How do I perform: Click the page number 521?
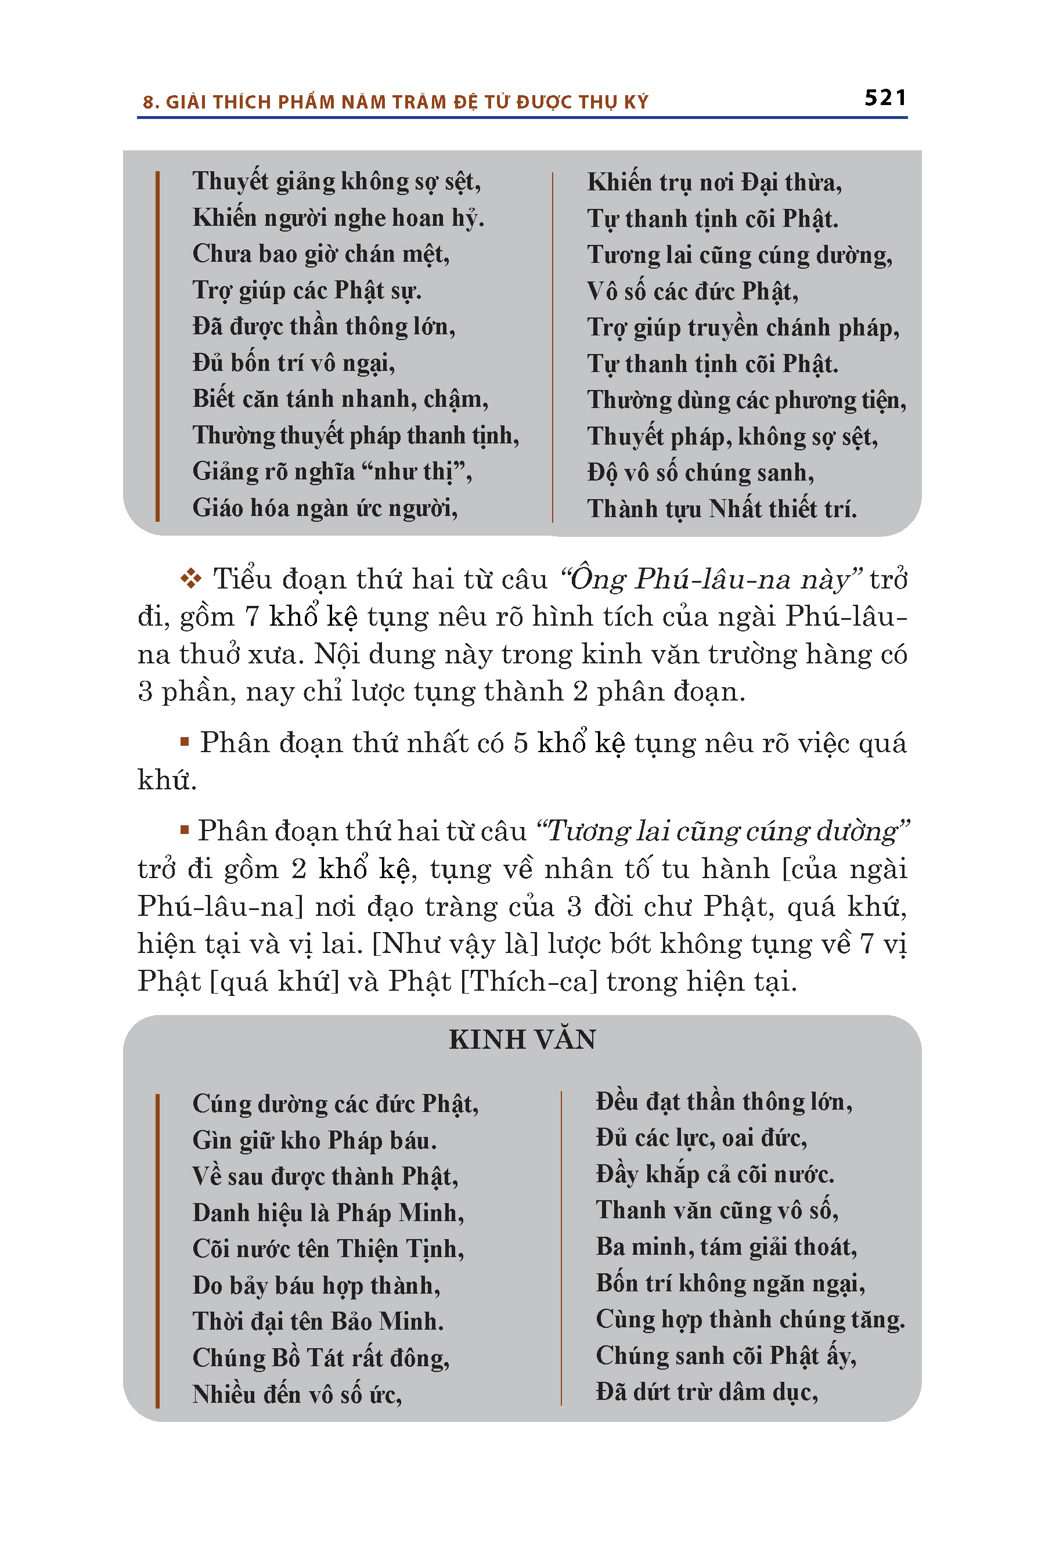point(885,98)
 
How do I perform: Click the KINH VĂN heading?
point(522,1039)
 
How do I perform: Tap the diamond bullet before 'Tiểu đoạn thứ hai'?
point(191,578)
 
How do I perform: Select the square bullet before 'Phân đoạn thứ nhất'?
point(185,741)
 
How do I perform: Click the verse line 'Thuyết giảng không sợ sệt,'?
point(337,181)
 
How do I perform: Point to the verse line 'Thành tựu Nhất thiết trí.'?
point(722,509)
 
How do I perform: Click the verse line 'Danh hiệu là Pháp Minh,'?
point(328,1212)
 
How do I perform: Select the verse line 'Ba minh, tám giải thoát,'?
point(726,1247)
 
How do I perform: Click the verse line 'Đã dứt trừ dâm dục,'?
point(707,1392)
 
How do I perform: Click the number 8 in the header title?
point(148,103)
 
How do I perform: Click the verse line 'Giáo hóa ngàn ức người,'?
point(325,508)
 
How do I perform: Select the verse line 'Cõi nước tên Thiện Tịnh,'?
point(328,1248)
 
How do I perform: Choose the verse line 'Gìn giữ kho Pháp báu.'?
point(315,1140)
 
